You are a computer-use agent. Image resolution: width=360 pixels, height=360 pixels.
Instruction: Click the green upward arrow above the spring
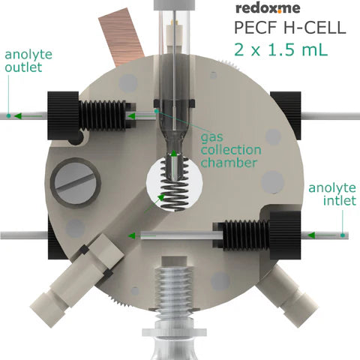(174, 155)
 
